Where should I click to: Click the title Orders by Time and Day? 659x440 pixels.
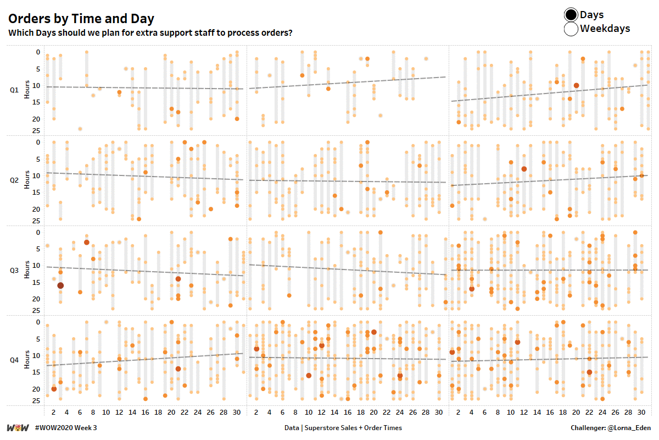point(81,19)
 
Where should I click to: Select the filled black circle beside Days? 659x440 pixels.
point(571,15)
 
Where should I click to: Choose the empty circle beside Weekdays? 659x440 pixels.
point(571,29)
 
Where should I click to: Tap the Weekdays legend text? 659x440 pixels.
point(605,29)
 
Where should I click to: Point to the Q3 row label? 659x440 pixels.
point(14,270)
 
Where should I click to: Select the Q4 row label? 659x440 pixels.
point(14,360)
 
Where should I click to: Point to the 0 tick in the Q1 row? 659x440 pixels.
point(38,52)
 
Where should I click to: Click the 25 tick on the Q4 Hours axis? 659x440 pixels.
point(36,401)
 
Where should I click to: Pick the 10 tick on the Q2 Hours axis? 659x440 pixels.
point(36,176)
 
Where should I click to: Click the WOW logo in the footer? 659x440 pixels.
point(18,428)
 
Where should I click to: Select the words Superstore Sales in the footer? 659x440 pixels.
point(331,428)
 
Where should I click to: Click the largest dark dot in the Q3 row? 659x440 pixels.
point(60,285)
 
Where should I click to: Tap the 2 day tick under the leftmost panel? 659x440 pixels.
point(53,413)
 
